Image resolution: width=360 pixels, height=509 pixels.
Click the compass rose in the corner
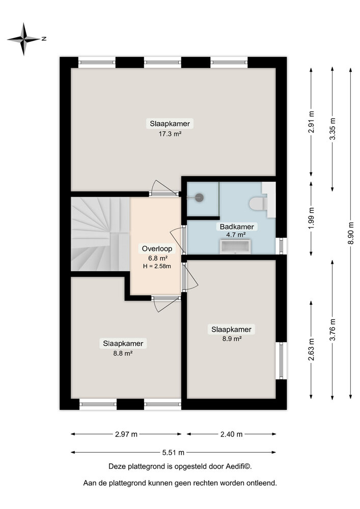[x=24, y=39]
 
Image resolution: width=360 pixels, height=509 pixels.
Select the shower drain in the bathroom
[x=198, y=197]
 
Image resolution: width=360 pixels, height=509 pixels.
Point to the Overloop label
[x=157, y=249]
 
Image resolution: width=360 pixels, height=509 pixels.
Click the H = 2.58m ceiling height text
[x=157, y=266]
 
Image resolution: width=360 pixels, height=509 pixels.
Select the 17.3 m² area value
[x=171, y=134]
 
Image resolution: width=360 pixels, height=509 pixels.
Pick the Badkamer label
[x=237, y=227]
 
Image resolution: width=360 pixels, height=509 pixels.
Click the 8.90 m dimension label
[x=351, y=232]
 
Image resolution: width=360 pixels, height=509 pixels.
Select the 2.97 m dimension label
[x=126, y=434]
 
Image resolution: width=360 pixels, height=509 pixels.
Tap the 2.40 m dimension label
[x=232, y=434]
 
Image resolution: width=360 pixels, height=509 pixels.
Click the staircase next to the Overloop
[x=99, y=234]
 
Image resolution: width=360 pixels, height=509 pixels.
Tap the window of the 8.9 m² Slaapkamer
[x=281, y=360]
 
